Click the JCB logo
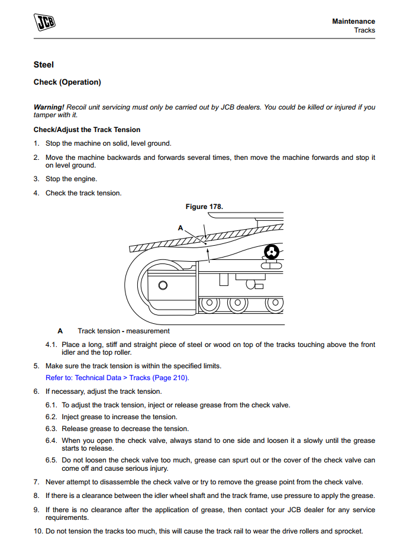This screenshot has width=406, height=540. pos(44,23)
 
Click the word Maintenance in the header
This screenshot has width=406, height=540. pos(353,21)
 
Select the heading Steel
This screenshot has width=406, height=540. pos(44,65)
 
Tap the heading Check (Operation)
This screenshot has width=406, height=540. pos(67,82)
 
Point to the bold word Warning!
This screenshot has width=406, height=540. pos(49,107)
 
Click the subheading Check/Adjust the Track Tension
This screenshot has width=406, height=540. pos(87,130)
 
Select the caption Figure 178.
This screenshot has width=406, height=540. pos(204,207)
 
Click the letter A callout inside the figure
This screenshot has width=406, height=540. pos(181,227)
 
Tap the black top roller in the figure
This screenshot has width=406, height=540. pos(271,252)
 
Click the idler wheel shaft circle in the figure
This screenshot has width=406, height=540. pos(163,285)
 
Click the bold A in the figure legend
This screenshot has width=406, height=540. pos(60,331)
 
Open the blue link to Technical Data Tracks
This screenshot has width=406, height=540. pos(117,378)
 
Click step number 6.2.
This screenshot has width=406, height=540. pos(51,417)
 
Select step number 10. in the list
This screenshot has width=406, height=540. pos(37,531)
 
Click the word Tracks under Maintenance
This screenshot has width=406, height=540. pos(365,30)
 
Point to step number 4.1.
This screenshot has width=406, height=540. pos(51,345)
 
